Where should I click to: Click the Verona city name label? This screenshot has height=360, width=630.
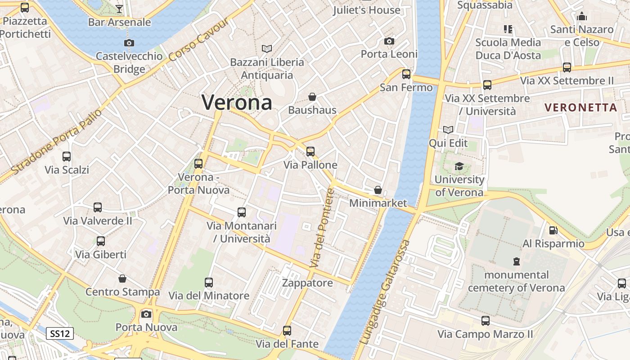pos(237,103)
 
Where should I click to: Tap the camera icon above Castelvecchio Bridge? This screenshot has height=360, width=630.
pos(129,43)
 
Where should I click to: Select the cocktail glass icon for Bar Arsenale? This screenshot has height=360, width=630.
pos(119,9)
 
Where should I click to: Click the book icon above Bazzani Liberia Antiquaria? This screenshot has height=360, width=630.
pos(267,49)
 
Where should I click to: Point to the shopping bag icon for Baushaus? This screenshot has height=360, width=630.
pos(312,97)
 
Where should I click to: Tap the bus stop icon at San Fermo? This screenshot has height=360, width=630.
pos(406,74)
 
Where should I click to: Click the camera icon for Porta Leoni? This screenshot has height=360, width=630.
pos(389,41)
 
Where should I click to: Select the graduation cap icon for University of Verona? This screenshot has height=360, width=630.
pos(459,166)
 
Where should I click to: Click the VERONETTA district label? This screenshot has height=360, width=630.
pos(580,108)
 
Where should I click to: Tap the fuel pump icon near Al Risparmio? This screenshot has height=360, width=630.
pos(553,230)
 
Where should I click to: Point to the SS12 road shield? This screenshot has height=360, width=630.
pos(60,333)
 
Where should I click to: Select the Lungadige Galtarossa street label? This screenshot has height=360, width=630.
pos(386,292)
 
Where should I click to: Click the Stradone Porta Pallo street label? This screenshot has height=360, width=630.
pos(57,141)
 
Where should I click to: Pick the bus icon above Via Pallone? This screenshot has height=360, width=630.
pos(310,152)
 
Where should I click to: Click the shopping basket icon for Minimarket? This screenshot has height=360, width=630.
pos(378,190)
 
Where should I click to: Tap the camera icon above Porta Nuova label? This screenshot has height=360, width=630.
pos(146,314)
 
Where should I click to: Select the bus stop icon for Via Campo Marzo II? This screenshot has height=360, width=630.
pos(485,321)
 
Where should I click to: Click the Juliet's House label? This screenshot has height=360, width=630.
pos(367,10)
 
